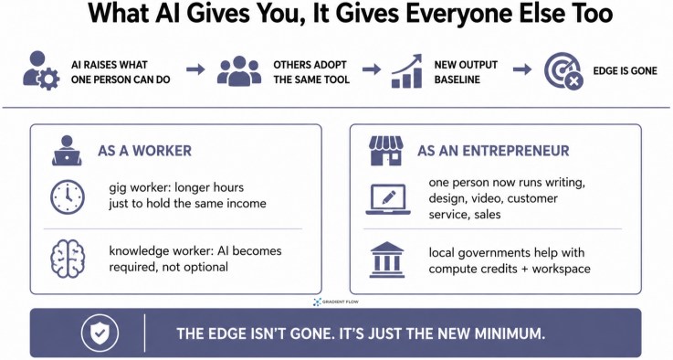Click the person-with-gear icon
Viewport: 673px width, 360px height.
point(41,70)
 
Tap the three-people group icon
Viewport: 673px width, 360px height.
point(239,71)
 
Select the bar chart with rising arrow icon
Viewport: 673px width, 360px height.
point(407,71)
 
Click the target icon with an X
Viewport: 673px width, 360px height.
point(564,72)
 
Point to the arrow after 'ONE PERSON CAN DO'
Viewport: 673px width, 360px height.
point(195,69)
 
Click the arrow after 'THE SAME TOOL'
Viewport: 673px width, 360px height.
point(372,69)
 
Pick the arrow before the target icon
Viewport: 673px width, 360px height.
point(522,69)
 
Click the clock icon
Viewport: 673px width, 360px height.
point(68,197)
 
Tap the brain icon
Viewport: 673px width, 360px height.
point(68,259)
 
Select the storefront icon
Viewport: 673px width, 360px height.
point(386,151)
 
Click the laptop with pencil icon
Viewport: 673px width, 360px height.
point(388,199)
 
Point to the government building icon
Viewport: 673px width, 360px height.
point(386,259)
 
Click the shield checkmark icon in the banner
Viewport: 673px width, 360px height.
point(100,333)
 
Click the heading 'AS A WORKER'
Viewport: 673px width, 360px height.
point(144,151)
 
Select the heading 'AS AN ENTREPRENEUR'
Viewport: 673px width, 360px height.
point(493,151)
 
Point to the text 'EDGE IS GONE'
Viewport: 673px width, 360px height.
point(625,71)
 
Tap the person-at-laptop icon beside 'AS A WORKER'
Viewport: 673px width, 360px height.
point(67,151)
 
